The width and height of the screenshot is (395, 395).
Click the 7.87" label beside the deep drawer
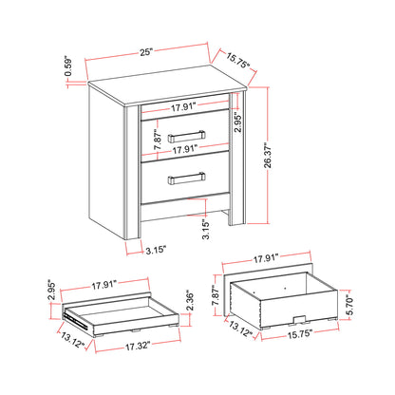click(217, 298)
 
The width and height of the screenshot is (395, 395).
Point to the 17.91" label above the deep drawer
click(269, 256)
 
